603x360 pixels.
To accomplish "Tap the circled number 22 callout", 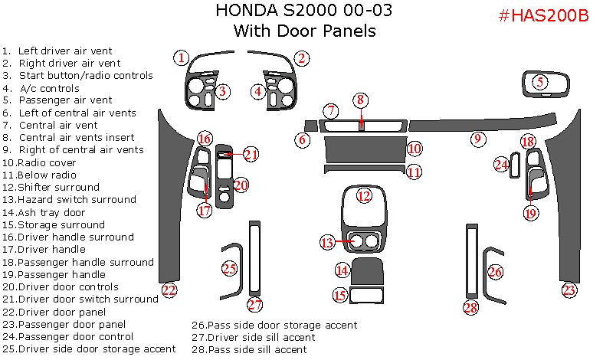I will click(169, 290).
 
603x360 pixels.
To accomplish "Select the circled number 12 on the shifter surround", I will click(364, 195).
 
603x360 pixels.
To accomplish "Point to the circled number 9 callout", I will click(477, 139).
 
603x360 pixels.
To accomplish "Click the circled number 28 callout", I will click(470, 307).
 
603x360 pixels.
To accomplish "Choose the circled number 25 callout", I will click(229, 268).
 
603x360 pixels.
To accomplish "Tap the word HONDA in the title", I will click(238, 11).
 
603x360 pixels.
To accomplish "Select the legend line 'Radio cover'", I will click(46, 162).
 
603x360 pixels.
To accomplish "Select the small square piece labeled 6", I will click(310, 126).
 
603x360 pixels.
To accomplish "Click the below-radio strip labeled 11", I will click(363, 169).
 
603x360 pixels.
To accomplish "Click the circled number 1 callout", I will click(180, 57).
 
